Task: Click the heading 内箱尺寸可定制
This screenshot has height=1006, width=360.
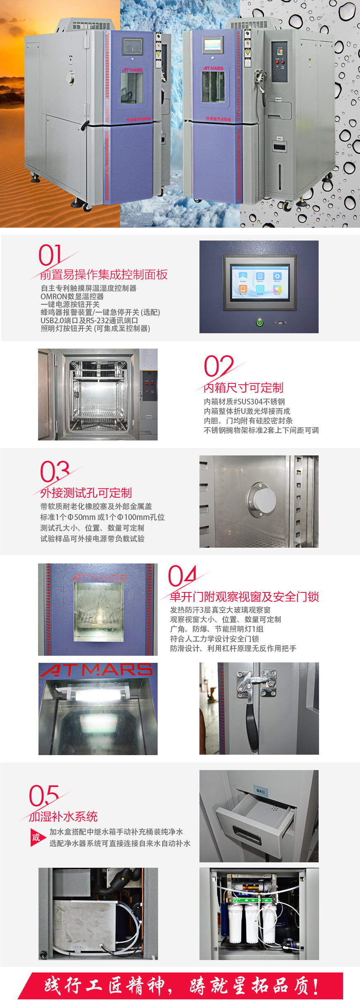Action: (x=244, y=388)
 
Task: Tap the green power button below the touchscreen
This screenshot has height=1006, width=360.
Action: (x=260, y=322)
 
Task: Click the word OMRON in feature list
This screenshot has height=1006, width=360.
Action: (x=53, y=296)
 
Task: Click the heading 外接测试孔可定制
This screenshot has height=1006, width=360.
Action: (x=86, y=493)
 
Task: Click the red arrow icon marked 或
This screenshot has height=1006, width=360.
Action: (x=36, y=838)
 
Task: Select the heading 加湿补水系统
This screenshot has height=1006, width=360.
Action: (x=63, y=816)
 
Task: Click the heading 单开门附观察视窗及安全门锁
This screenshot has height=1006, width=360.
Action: (x=244, y=597)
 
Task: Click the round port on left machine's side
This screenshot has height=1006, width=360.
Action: (x=70, y=76)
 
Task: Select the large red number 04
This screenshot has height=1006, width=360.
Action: (x=182, y=576)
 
